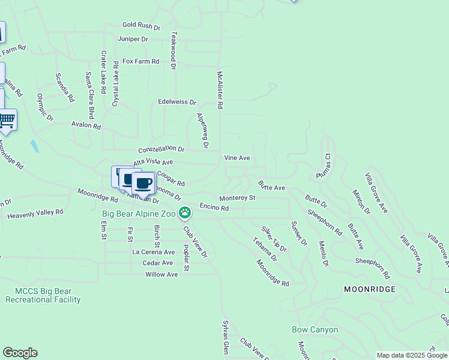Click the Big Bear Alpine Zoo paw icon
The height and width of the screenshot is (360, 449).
(x=185, y=212)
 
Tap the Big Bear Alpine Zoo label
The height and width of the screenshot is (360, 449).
(x=138, y=213)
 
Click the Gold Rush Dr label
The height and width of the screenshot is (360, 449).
(x=142, y=26)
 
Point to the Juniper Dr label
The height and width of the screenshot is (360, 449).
(x=133, y=39)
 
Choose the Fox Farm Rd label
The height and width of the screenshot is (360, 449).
(x=141, y=61)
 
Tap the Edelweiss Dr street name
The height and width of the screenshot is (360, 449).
(x=176, y=103)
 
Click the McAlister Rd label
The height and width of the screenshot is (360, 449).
(x=220, y=91)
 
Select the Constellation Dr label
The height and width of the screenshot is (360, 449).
(x=161, y=148)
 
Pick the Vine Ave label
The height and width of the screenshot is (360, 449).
(x=237, y=158)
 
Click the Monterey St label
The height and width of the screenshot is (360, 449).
(x=237, y=197)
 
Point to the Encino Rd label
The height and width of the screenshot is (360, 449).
(x=214, y=208)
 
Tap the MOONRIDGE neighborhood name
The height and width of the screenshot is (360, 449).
(x=370, y=289)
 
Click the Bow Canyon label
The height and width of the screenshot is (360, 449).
(x=315, y=329)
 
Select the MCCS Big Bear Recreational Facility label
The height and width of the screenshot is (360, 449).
(x=43, y=295)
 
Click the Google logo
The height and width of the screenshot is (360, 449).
(x=20, y=353)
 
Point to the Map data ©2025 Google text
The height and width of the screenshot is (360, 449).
(x=412, y=355)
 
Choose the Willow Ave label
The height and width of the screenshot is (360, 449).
(x=161, y=274)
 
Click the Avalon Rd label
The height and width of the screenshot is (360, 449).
(x=86, y=126)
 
